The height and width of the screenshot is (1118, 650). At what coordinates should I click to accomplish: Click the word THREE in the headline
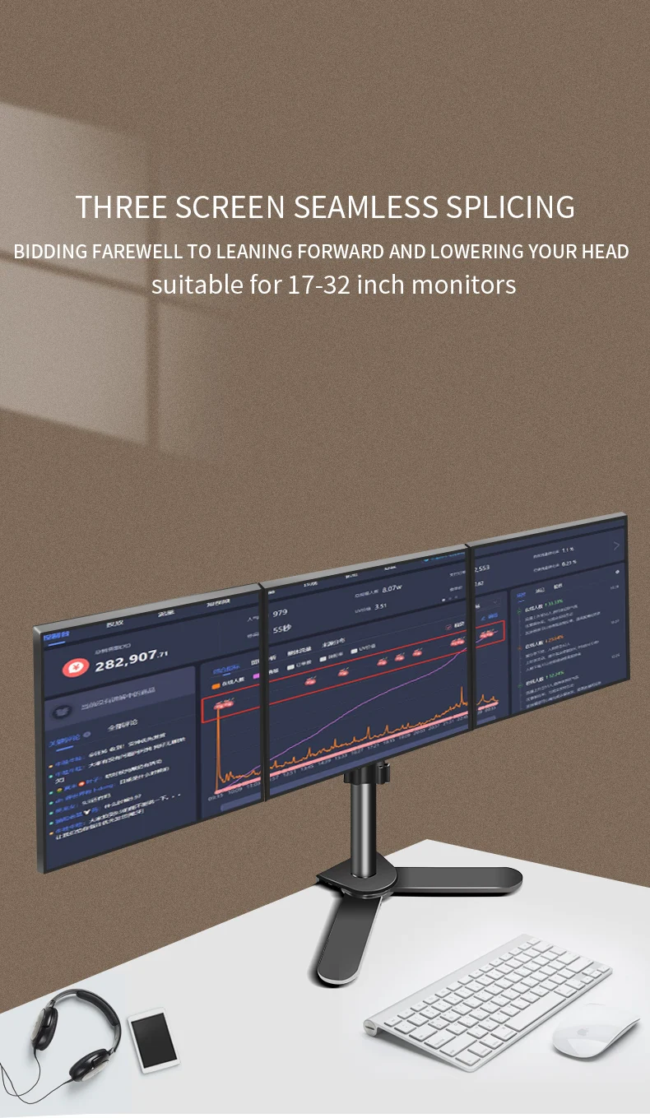122,206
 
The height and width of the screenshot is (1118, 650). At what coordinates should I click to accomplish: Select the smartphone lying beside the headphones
154,1039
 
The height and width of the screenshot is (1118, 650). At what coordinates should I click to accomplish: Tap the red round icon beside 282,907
76,667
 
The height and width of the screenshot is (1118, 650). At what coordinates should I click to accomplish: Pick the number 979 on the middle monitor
280,613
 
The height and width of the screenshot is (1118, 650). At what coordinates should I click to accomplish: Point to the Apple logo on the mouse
589,1030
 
